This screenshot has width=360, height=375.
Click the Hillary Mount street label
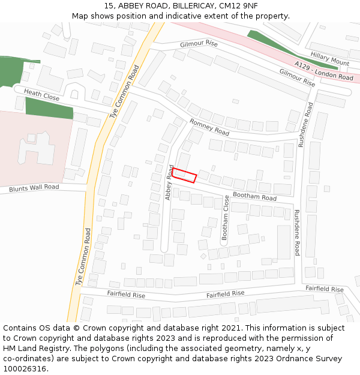330,58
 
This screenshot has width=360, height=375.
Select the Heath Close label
42,96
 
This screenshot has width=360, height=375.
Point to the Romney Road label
209,127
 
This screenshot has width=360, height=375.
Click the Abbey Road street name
170,182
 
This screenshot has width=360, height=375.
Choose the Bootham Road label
254,196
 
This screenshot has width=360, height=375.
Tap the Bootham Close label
226,218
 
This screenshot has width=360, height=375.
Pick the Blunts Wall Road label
34,188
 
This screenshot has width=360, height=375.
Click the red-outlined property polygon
185,175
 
